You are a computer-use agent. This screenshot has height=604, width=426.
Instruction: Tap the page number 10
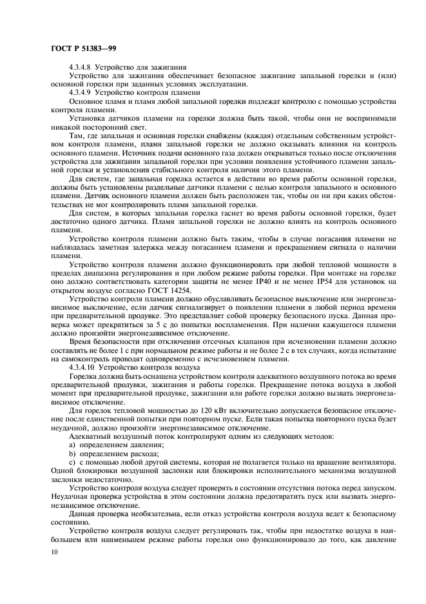[52, 552]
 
